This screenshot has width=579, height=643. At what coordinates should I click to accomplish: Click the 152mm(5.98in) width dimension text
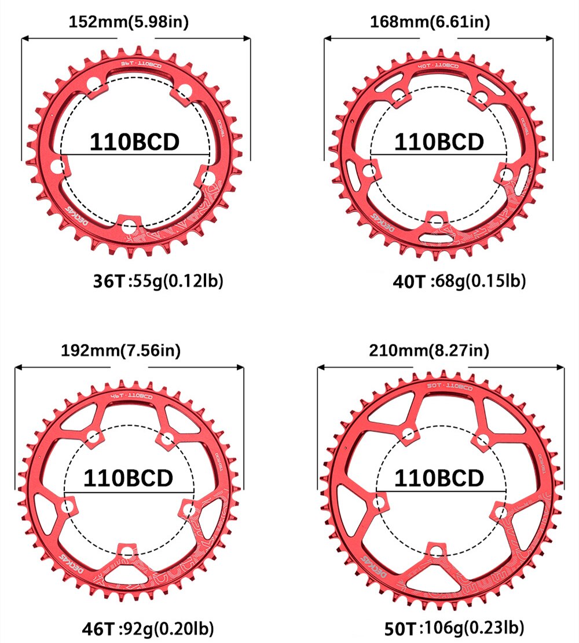tap(129, 22)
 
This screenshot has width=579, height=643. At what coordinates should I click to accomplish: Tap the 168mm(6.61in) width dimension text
tap(430, 22)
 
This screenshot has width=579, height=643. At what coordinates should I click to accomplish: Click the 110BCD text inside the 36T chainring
tap(134, 142)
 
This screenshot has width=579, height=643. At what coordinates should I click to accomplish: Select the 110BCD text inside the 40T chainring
tap(439, 142)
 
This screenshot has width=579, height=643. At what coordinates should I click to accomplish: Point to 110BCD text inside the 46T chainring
tap(129, 478)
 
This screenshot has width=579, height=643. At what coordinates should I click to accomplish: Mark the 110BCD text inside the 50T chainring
tap(439, 478)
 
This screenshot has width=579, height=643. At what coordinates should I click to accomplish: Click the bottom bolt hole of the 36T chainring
tap(129, 225)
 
